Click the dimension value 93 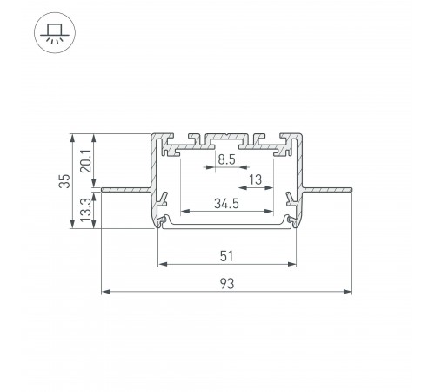227,283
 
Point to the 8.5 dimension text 225,159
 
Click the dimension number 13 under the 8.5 256,180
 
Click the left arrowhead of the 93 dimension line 105,291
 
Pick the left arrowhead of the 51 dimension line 161,264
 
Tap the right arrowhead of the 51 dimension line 292,264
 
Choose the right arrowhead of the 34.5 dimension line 270,212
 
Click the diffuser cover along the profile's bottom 226,226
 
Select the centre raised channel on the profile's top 226,137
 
